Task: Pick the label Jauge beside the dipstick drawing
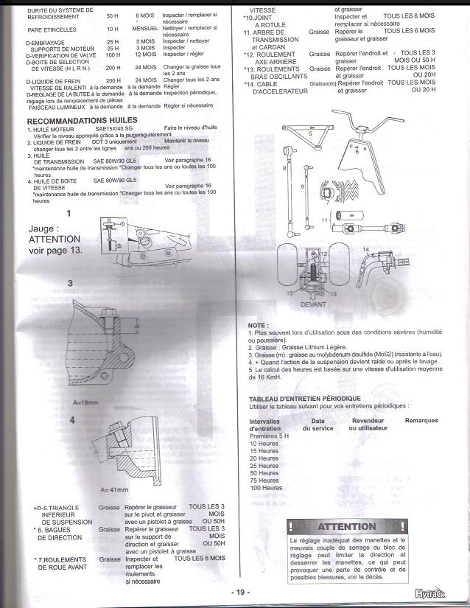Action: coord(43,229)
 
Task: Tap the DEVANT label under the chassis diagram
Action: coord(314,303)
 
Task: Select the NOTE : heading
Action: coord(258,325)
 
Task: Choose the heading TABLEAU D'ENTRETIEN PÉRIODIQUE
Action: coord(300,398)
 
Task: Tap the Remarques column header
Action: coord(421,421)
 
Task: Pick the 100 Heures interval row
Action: coord(266,488)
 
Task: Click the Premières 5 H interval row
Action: coord(269,436)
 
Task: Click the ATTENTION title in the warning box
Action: coord(346,527)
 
